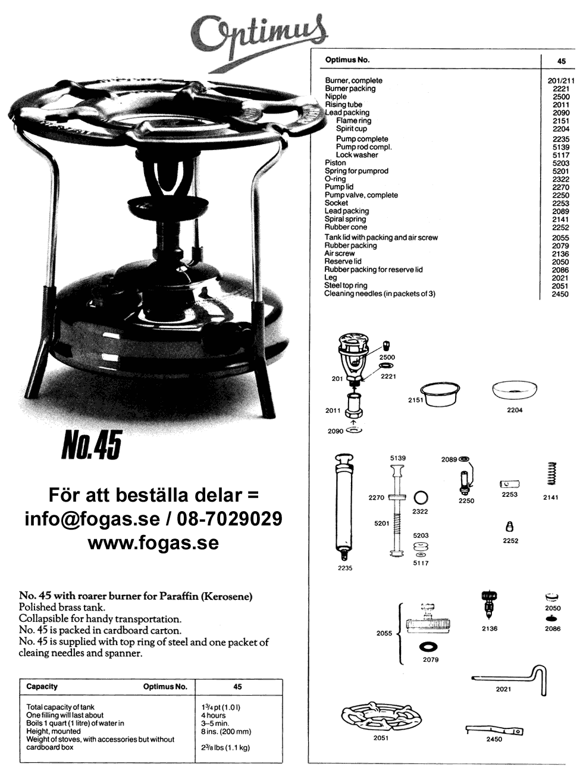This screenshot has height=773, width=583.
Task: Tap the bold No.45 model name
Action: tap(92, 445)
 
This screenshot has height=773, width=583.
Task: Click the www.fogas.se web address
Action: tap(153, 543)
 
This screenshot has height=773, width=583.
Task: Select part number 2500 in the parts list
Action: tap(561, 97)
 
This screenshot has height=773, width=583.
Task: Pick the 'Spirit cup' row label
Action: tap(351, 129)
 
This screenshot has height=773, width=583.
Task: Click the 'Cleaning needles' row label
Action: tap(380, 294)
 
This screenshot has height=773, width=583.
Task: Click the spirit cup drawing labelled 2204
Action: tap(515, 390)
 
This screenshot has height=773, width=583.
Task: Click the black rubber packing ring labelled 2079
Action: tap(429, 647)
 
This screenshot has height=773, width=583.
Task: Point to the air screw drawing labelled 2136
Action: tap(488, 605)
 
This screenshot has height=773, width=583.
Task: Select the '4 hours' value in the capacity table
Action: tap(214, 715)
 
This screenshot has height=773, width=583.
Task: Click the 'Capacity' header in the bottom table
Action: tap(42, 686)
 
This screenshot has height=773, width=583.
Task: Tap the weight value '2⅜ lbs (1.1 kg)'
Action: tap(225, 747)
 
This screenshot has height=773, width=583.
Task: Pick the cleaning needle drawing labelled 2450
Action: tap(494, 730)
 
